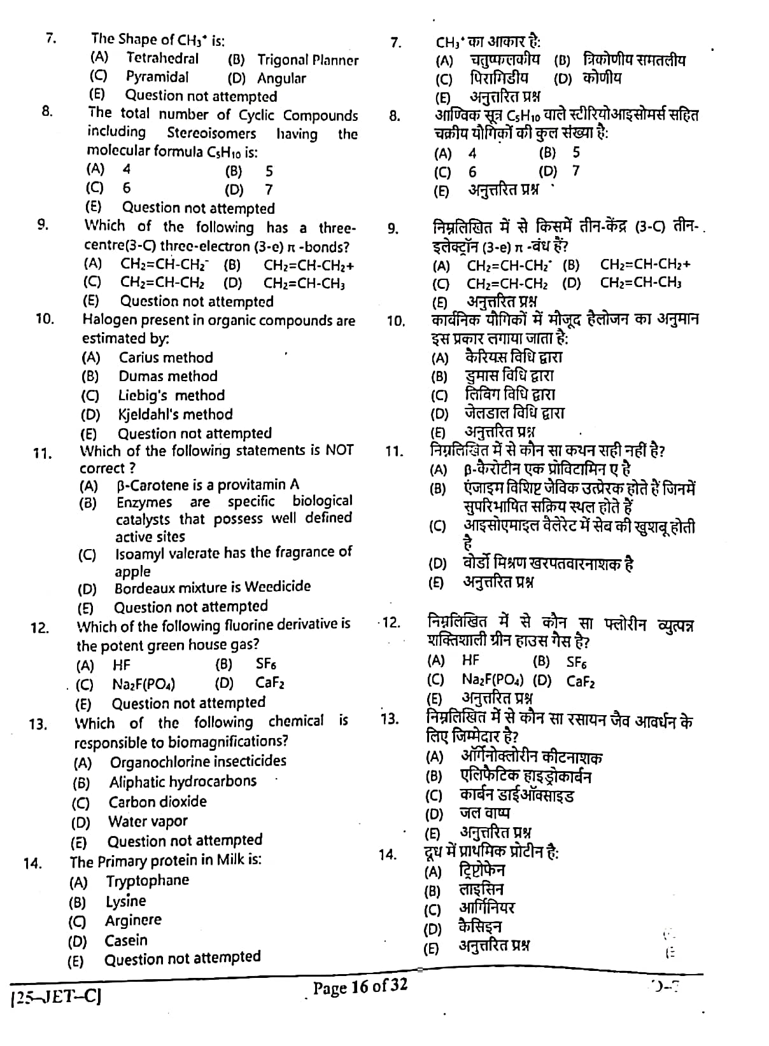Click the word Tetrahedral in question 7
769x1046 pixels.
tap(162, 59)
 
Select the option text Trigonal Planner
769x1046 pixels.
tap(307, 60)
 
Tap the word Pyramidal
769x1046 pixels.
tap(157, 77)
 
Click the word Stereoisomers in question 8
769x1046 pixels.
tap(211, 134)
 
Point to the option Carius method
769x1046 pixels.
tap(166, 358)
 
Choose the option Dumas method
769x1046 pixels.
tap(168, 377)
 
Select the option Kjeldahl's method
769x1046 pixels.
tap(175, 415)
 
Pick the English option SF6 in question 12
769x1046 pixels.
tap(265, 664)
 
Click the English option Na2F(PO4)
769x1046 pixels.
tap(143, 685)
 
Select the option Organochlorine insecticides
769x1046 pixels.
tap(198, 762)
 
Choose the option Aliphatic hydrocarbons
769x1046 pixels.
tap(183, 782)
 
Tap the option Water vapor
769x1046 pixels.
tap(148, 822)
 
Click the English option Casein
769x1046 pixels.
tap(126, 940)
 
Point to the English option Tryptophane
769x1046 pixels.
tap(148, 881)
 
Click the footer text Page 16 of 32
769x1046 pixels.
tap(360, 987)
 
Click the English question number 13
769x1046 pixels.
tap(37, 725)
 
